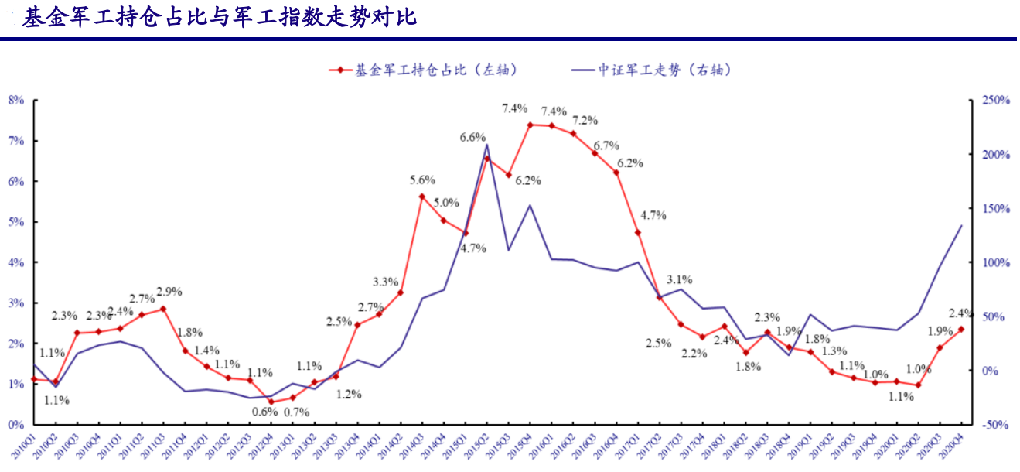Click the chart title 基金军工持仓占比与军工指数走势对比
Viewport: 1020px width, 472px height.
click(220, 18)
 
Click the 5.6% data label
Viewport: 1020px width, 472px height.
click(422, 180)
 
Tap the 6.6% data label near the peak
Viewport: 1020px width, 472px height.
click(472, 137)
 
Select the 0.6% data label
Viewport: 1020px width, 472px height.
click(264, 412)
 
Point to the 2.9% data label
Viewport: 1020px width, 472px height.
click(169, 292)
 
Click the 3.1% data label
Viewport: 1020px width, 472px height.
click(680, 279)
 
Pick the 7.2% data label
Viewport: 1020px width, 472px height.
click(585, 121)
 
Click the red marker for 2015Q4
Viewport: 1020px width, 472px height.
click(530, 125)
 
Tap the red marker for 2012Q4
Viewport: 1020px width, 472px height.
click(271, 402)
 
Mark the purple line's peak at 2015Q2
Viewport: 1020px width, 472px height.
click(486, 144)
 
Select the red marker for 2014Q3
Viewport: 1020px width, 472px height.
click(422, 197)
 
